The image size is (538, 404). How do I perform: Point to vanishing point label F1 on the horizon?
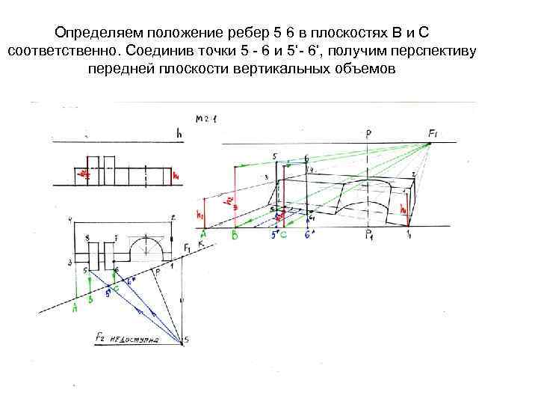pos(433,133)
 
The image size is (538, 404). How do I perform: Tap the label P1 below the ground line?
pos(369,236)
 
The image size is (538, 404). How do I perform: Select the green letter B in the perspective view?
pos(235,235)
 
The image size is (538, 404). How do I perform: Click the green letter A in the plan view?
pos(75,307)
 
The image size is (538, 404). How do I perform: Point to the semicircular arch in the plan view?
pos(149,244)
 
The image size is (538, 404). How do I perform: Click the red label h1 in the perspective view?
pos(200,214)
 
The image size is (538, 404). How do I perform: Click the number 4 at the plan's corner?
pos(69,218)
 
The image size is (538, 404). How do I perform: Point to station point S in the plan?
pos(186,340)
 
